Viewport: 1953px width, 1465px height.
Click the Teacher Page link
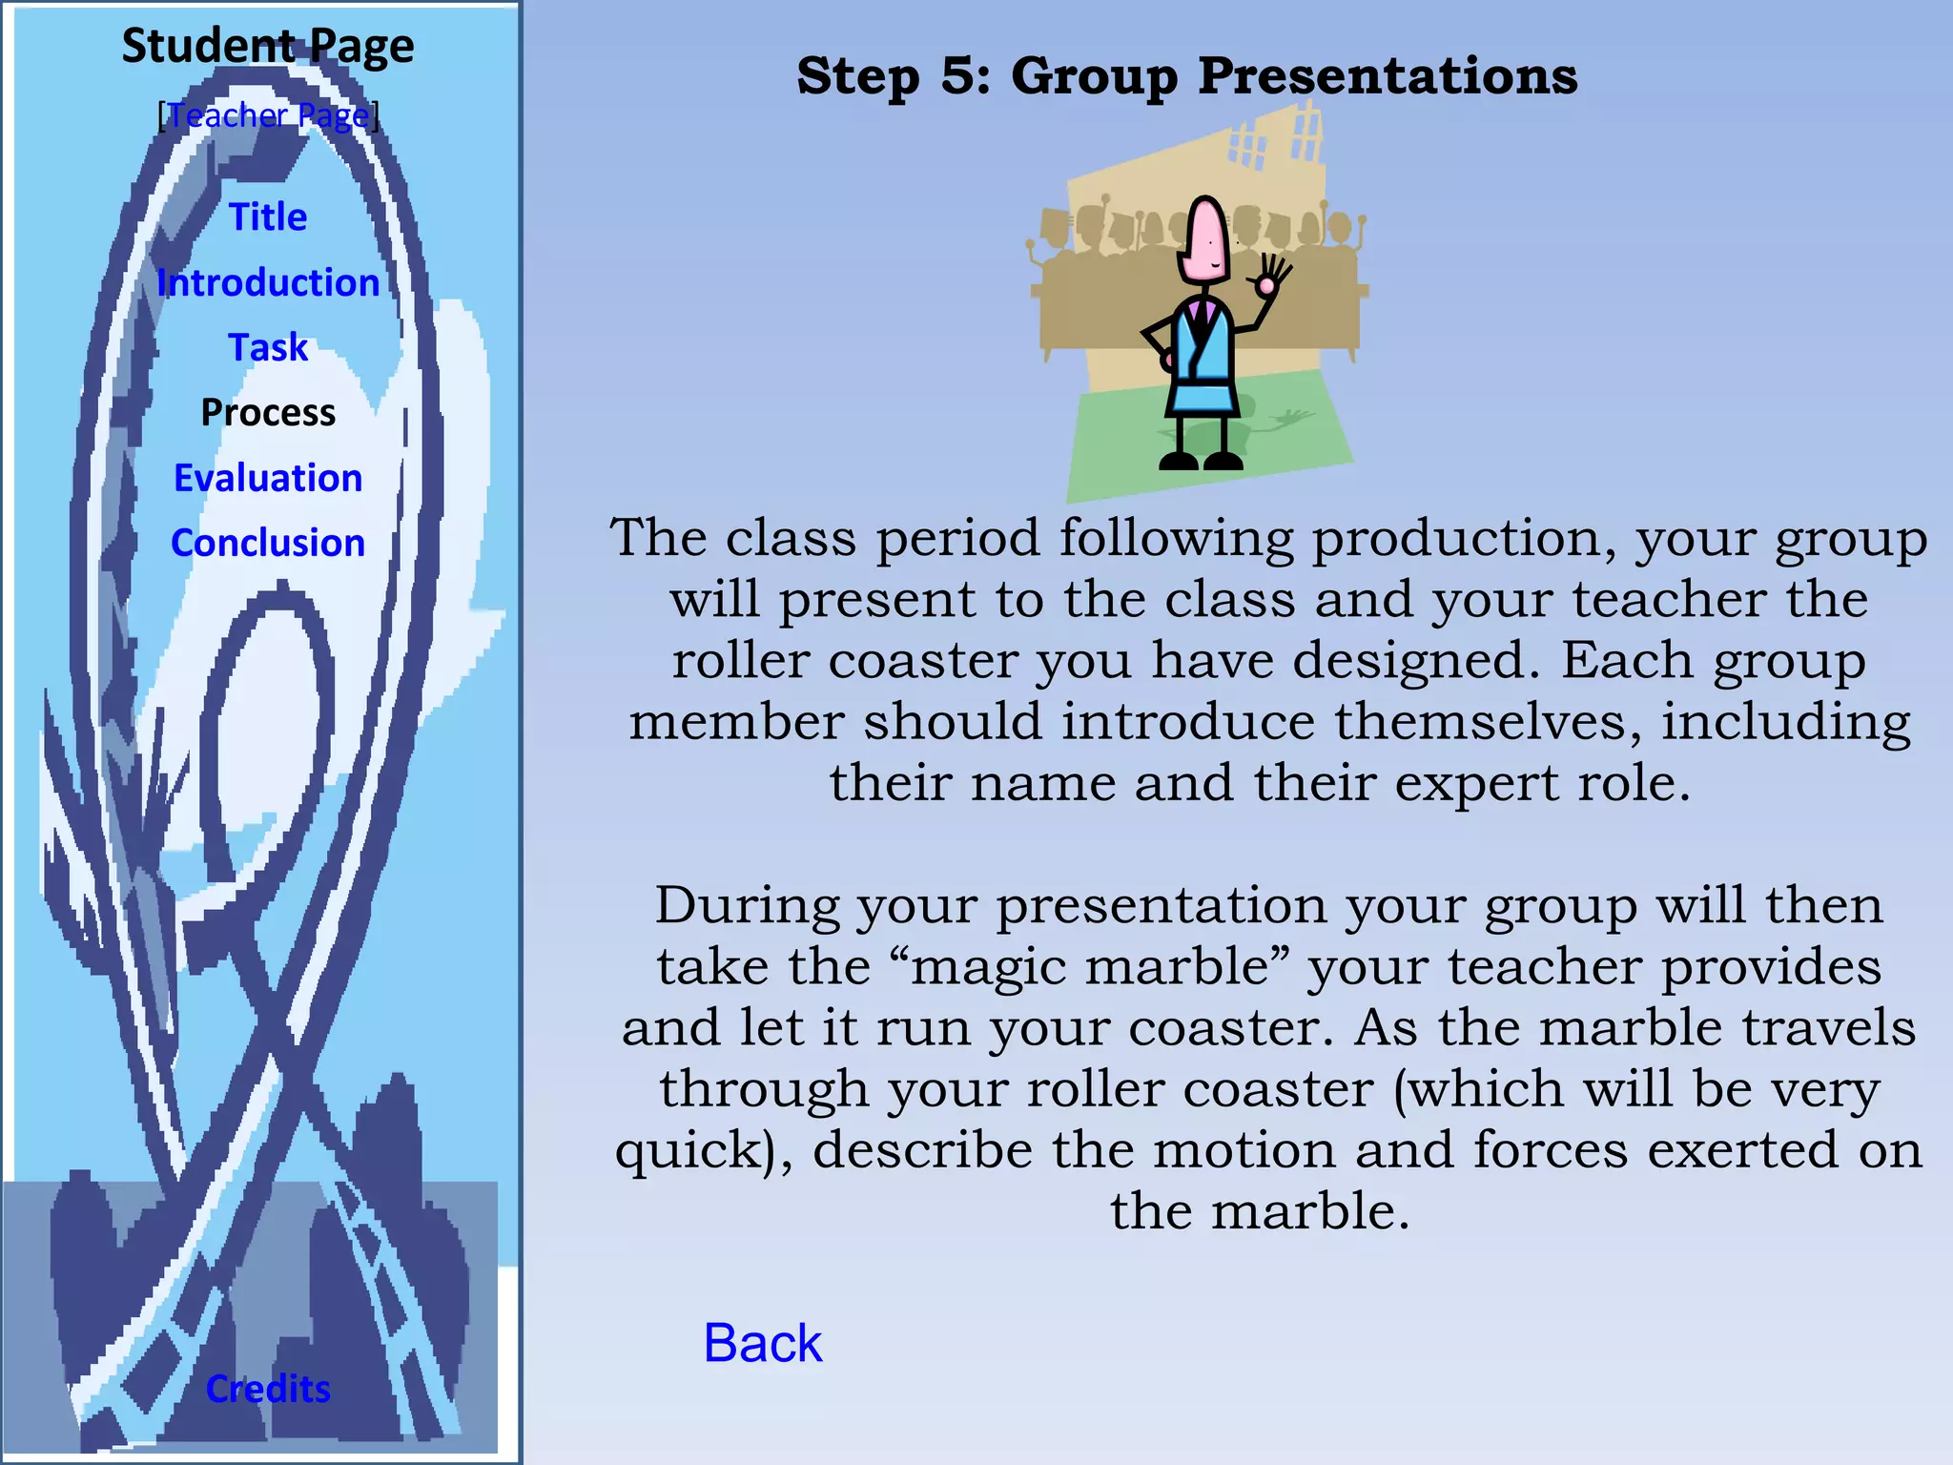coord(268,115)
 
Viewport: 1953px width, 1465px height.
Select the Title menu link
coord(268,217)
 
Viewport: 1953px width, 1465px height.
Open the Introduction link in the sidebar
coord(268,283)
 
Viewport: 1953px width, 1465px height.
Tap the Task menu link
coord(268,347)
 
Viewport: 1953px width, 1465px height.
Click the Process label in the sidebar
coord(268,413)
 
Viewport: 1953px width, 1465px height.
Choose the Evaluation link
coord(268,478)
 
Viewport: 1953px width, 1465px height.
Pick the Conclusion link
coord(268,543)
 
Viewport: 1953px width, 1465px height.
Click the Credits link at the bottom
coord(268,1389)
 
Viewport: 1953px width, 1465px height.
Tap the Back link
coord(762,1343)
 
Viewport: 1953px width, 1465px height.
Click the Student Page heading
coord(268,46)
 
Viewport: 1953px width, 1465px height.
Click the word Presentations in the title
coord(1388,75)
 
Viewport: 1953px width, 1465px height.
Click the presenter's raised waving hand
coord(1270,277)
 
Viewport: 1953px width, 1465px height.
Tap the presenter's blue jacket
coord(1202,353)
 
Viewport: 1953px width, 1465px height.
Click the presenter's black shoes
coord(1201,461)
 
